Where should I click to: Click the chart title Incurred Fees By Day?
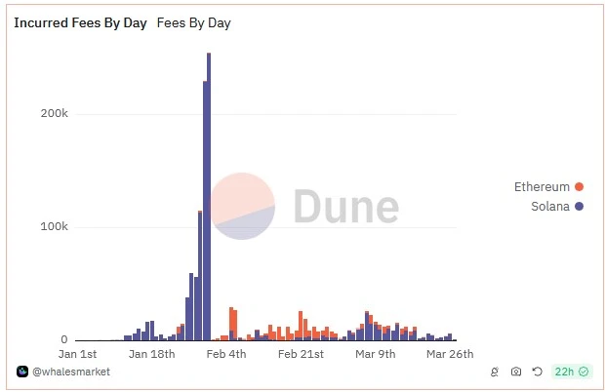pyautogui.click(x=80, y=22)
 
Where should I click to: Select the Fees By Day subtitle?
pyautogui.click(x=193, y=22)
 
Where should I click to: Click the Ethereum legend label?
pyautogui.click(x=542, y=187)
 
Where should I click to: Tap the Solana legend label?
pyautogui.click(x=550, y=207)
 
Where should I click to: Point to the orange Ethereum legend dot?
pyautogui.click(x=580, y=187)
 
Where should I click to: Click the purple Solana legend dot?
pyautogui.click(x=580, y=207)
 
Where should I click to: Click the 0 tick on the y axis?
pyautogui.click(x=63, y=340)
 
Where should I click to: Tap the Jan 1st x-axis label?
pyautogui.click(x=78, y=354)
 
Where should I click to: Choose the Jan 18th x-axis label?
pyautogui.click(x=151, y=354)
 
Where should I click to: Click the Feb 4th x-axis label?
pyautogui.click(x=225, y=354)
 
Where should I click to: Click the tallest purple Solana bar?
pyautogui.click(x=209, y=195)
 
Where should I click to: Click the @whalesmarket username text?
pyautogui.click(x=71, y=372)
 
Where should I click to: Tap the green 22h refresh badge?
pyautogui.click(x=571, y=372)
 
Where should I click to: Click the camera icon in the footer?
pyautogui.click(x=516, y=372)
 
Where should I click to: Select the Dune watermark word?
pyautogui.click(x=346, y=207)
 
